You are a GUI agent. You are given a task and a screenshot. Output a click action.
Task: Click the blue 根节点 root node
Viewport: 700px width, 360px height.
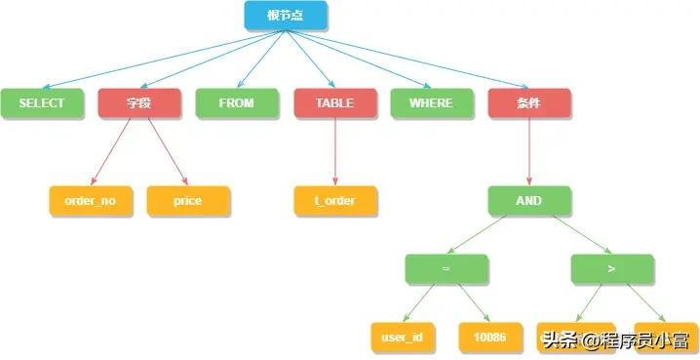click(x=286, y=15)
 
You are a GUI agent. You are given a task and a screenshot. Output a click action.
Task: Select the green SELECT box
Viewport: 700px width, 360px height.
click(x=42, y=102)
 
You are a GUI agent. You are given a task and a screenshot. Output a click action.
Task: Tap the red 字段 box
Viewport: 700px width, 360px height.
click(x=139, y=102)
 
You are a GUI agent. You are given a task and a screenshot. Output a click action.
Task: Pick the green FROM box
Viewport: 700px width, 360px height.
click(x=237, y=102)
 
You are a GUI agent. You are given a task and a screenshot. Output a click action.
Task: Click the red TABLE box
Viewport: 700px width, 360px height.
click(x=334, y=102)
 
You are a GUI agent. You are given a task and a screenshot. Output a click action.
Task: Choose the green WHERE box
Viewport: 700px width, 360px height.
click(x=432, y=102)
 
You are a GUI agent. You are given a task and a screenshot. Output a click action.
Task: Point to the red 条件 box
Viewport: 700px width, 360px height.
click(x=529, y=102)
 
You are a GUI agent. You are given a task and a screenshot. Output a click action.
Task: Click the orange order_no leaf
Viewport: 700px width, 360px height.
click(x=91, y=201)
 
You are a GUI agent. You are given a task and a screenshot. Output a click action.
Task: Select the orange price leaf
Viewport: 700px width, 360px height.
click(x=188, y=201)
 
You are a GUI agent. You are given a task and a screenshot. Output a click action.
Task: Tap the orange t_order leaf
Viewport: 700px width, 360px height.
click(x=334, y=201)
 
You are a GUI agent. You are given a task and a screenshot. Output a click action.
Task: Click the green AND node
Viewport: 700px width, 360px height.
click(x=529, y=201)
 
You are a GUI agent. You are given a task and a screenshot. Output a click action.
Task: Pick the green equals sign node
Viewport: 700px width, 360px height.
click(x=447, y=269)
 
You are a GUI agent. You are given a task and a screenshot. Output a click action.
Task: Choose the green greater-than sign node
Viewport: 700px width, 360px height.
click(x=612, y=269)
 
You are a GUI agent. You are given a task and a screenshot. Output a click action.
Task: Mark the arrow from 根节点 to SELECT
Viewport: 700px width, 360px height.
click(x=156, y=60)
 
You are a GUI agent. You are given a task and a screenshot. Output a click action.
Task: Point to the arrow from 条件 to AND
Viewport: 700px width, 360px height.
click(x=529, y=151)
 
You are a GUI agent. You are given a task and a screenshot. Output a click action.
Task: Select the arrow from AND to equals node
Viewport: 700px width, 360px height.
click(x=487, y=235)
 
